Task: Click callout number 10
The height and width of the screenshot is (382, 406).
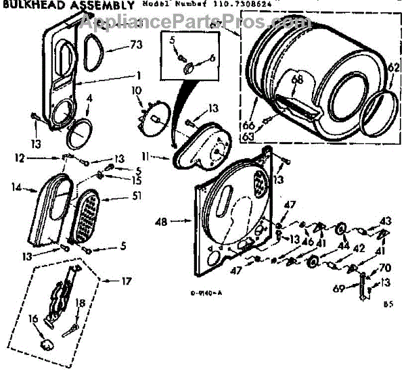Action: pyautogui.click(x=135, y=90)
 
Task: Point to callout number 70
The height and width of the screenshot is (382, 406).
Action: pyautogui.click(x=386, y=267)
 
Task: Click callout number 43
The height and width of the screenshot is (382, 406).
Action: pyautogui.click(x=385, y=220)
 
